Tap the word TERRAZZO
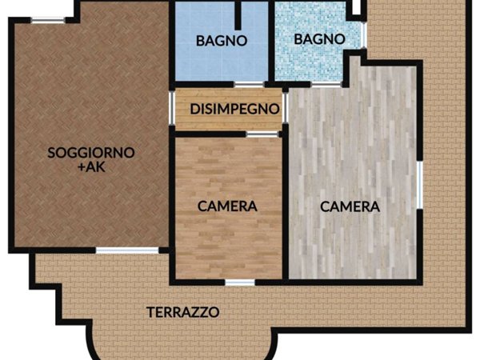pyautogui.click(x=182, y=312)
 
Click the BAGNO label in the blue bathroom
pyautogui.click(x=221, y=40)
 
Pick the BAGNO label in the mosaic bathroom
pyautogui.click(x=318, y=38)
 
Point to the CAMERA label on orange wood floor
pyautogui.click(x=227, y=206)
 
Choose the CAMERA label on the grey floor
pyautogui.click(x=350, y=206)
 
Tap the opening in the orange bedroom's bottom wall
pyautogui.click(x=239, y=282)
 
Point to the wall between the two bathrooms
pyautogui.click(x=271, y=40)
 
